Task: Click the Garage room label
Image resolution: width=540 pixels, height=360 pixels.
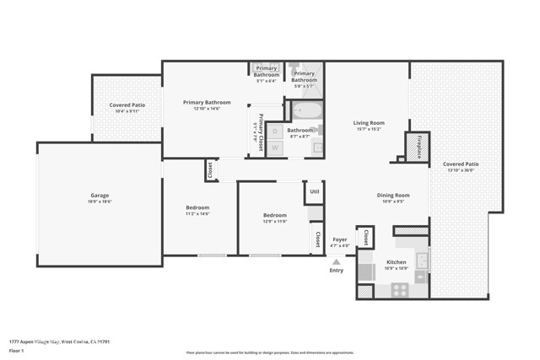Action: pyautogui.click(x=100, y=196)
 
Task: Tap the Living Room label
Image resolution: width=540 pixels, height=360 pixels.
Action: pyautogui.click(x=369, y=123)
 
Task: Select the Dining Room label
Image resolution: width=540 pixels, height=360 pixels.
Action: pyautogui.click(x=392, y=196)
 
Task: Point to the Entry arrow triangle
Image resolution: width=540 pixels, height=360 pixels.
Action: pyautogui.click(x=337, y=261)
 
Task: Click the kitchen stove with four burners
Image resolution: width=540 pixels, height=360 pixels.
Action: pyautogui.click(x=400, y=289)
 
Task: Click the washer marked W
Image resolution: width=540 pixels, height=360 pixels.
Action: pyautogui.click(x=275, y=147)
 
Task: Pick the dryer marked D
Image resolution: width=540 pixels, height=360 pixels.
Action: pyautogui.click(x=275, y=132)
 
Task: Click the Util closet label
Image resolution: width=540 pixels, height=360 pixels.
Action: pyautogui.click(x=314, y=191)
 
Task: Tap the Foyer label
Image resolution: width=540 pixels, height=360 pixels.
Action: pyautogui.click(x=339, y=239)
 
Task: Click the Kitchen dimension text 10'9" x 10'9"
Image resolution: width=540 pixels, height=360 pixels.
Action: pyautogui.click(x=396, y=268)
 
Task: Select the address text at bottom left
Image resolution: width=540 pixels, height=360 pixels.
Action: pyautogui.click(x=60, y=341)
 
